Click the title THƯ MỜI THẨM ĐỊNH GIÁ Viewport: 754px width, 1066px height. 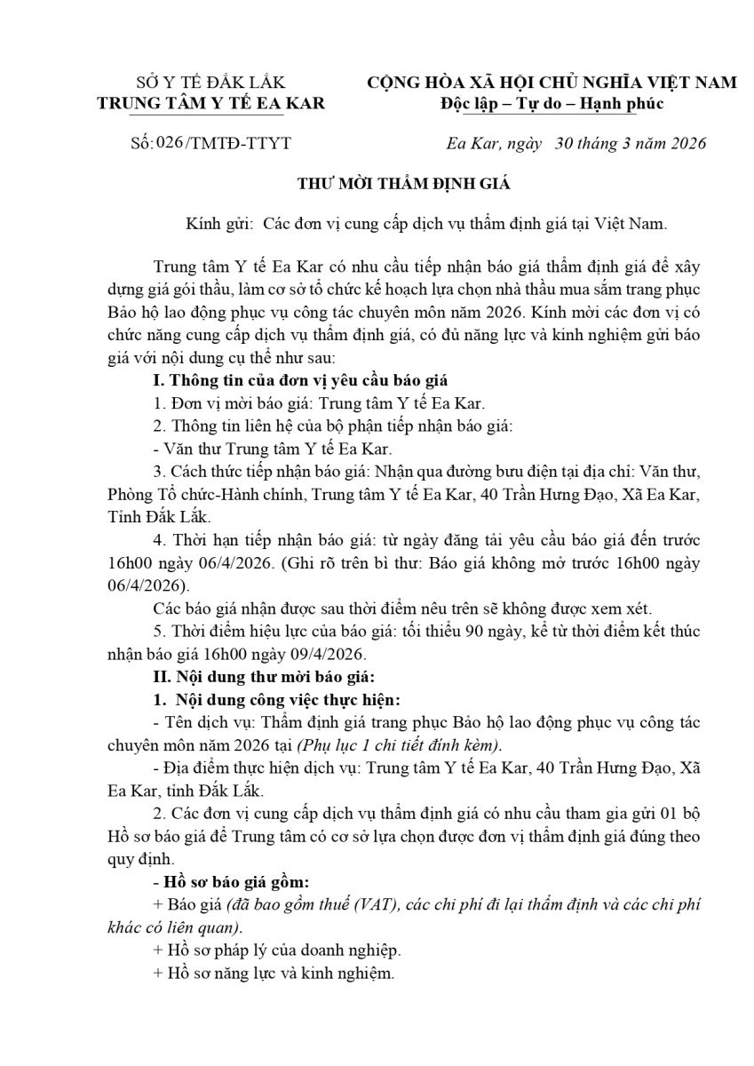coord(404,185)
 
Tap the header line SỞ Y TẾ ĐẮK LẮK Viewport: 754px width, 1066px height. coord(210,83)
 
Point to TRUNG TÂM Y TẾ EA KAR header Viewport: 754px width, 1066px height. coord(210,103)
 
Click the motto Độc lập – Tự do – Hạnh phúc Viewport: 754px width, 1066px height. coord(552,103)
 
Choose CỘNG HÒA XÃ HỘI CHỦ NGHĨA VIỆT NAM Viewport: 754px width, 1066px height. coord(552,83)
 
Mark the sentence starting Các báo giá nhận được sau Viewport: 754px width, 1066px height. coord(402,609)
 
